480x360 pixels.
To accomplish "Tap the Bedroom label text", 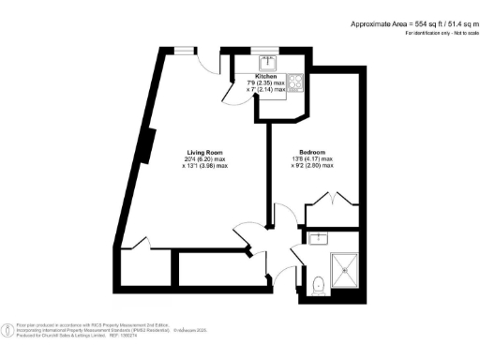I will [x=312, y=152].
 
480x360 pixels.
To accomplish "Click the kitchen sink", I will [x=268, y=62].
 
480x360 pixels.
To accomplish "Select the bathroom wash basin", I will [x=318, y=238].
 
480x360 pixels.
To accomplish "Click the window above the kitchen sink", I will [x=267, y=51].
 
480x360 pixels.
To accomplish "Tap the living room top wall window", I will [x=180, y=51].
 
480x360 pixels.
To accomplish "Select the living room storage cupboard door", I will [x=137, y=245].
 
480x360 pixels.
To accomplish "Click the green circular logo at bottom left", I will [x=7, y=329].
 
